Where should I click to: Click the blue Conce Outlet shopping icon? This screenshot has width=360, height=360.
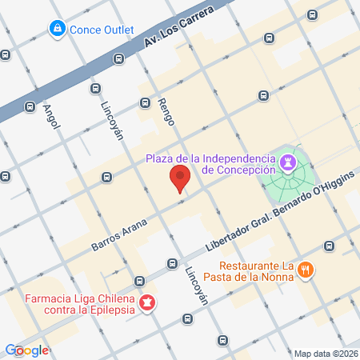point(57,30)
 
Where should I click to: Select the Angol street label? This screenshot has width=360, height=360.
point(52,118)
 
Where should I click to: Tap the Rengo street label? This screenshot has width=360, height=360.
point(166,110)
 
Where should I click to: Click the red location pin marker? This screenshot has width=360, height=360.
point(181,179)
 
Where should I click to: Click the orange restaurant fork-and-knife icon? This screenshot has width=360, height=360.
point(305,270)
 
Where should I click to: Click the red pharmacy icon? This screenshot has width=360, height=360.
point(147,303)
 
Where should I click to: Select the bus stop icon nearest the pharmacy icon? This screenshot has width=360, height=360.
point(140,281)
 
